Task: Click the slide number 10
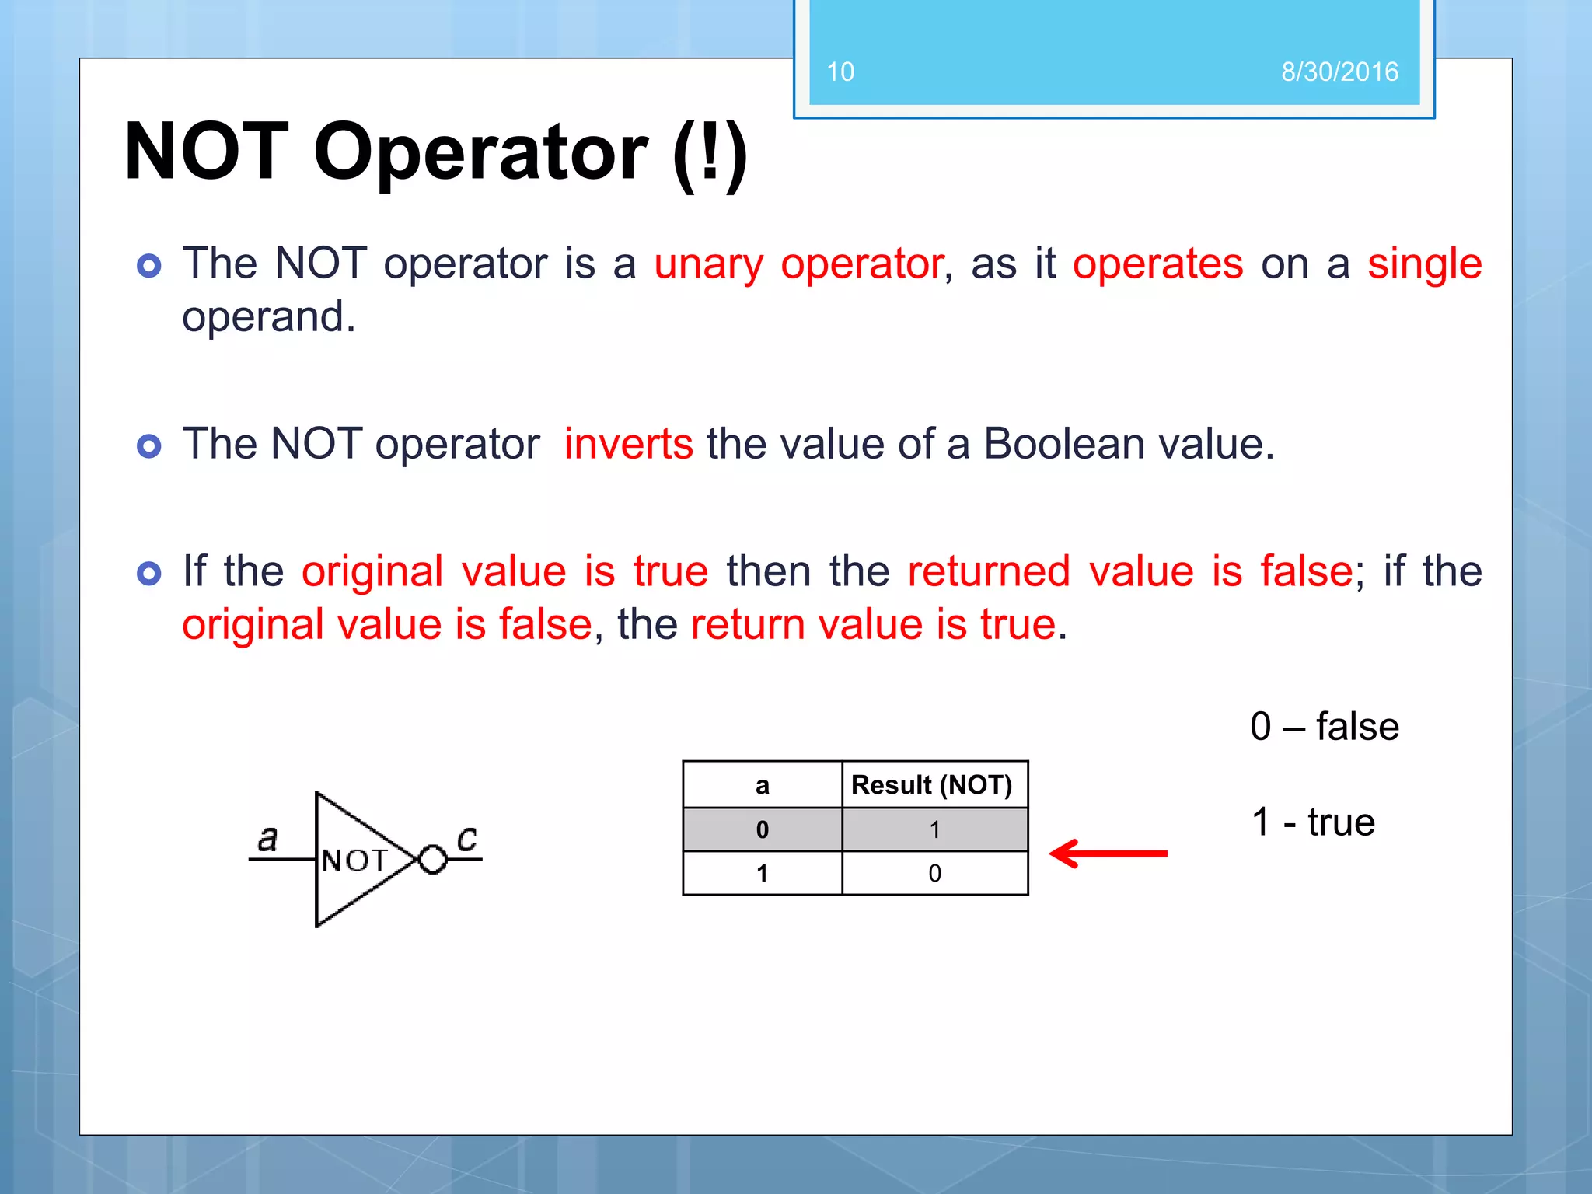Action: [840, 72]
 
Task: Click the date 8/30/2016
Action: [1339, 72]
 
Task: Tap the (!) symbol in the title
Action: [710, 153]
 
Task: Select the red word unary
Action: [708, 264]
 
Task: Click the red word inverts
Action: [628, 445]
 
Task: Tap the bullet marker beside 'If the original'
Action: [148, 574]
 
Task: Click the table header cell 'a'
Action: [762, 786]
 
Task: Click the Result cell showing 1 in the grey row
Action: [934, 830]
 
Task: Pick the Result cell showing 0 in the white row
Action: [934, 874]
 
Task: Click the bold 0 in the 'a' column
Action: [762, 830]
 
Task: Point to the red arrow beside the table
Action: [1107, 854]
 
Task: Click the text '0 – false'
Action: [1324, 727]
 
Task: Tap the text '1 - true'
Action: [1313, 822]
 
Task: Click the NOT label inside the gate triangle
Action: [354, 861]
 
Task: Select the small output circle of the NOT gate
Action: [432, 860]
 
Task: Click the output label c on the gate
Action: [466, 839]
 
